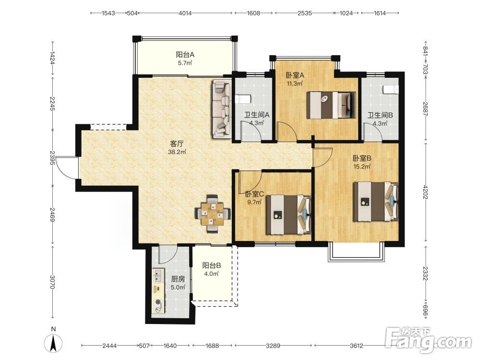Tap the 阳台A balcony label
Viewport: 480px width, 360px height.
click(185, 55)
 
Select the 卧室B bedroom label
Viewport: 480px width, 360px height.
click(362, 158)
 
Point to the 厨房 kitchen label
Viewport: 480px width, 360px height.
click(178, 279)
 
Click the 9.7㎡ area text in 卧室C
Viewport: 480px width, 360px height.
click(254, 202)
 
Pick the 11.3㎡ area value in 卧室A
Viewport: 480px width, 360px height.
click(295, 83)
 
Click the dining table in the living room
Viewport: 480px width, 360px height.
click(213, 214)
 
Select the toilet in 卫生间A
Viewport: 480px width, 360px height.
click(243, 99)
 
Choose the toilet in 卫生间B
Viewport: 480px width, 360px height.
click(391, 90)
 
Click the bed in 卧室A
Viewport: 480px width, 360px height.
click(331, 105)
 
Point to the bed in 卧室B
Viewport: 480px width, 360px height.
click(376, 202)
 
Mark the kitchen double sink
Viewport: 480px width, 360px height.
click(158, 276)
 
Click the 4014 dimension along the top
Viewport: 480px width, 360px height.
click(185, 13)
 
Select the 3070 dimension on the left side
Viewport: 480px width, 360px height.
click(53, 282)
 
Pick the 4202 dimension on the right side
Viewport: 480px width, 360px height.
click(425, 192)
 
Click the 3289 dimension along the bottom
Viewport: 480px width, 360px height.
click(273, 346)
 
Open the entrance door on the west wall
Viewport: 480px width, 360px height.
click(66, 168)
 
